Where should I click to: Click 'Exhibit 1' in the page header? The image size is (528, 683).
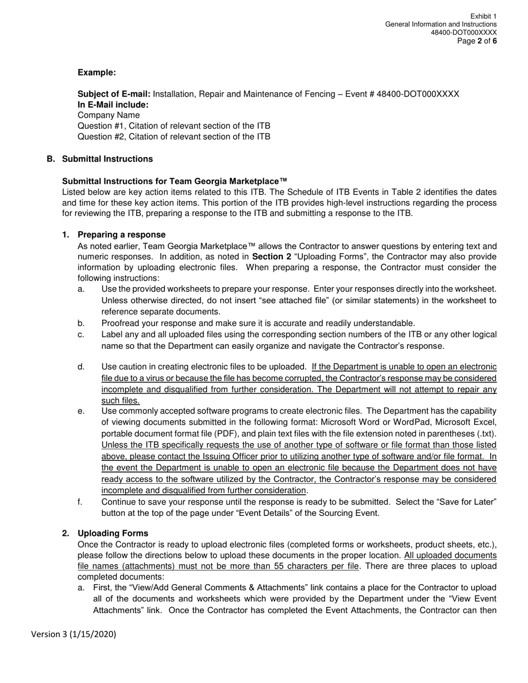pos(483,16)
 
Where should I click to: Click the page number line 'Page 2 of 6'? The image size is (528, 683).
pos(477,41)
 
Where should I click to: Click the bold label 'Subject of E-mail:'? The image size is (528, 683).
pos(114,94)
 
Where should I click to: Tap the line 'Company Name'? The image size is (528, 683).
pos(109,115)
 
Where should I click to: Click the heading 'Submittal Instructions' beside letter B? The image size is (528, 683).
pos(107,159)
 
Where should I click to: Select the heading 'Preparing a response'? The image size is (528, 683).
pos(121,235)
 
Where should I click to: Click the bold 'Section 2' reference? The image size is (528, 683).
pos(271,257)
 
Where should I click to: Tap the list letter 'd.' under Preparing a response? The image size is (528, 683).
pos(81,366)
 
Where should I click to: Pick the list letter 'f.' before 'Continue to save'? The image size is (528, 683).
pos(81,502)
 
